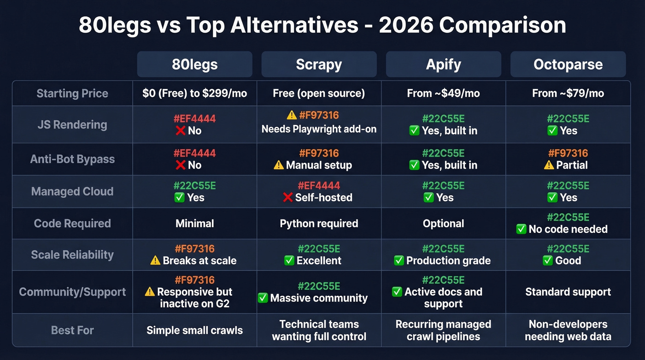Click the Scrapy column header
pos(319,64)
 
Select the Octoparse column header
pos(568,64)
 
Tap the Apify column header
pos(443,64)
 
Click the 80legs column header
pos(194,64)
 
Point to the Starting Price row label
pos(72,94)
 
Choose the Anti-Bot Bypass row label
pos(72,159)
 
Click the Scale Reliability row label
pos(72,255)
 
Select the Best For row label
pos(72,330)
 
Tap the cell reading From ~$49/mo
pos(443,94)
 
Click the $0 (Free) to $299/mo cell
pos(194,94)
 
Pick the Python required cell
pos(319,224)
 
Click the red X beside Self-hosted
pos(287,198)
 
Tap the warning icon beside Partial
pos(549,165)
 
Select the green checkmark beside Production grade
pos(399,261)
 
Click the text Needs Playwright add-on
pos(319,129)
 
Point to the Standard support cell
pos(568,292)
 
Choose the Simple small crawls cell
pos(194,330)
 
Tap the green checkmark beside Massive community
pos(263,298)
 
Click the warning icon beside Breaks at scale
pos(156,261)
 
